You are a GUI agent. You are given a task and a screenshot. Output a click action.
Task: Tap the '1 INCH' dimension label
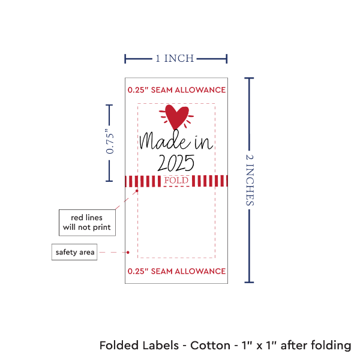tap(175, 59)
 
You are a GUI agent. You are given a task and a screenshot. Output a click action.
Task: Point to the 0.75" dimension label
tap(110, 143)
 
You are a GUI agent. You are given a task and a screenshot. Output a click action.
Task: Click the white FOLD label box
tap(176, 180)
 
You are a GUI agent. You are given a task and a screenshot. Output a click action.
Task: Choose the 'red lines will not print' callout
tap(88, 222)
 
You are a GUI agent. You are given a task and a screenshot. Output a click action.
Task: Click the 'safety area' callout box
tap(74, 252)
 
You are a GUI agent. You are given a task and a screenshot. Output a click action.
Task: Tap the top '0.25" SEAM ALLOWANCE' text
tap(176, 90)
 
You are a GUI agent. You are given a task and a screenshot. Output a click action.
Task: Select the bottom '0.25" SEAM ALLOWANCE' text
tap(176, 271)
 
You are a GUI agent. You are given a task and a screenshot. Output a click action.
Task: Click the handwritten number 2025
tap(176, 162)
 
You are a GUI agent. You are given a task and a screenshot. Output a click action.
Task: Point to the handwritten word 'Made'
tap(157, 142)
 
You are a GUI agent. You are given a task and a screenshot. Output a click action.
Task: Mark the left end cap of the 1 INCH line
tap(125, 59)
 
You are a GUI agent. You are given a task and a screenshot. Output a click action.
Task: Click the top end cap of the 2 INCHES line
tap(250, 77)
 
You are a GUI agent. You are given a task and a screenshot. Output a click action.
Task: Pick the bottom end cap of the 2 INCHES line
tap(250, 282)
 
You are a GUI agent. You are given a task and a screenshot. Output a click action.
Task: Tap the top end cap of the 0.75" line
tap(109, 104)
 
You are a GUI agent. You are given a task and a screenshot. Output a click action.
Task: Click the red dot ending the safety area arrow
tap(128, 252)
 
